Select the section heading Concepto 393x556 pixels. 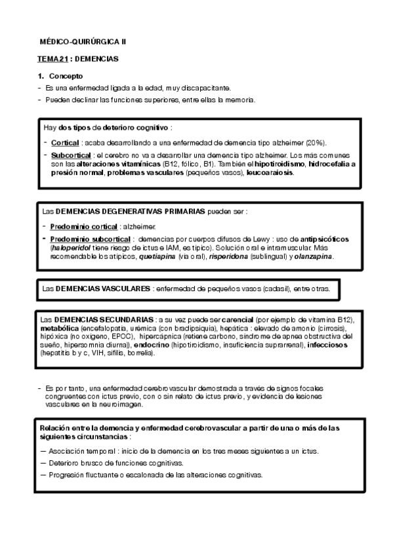(66, 76)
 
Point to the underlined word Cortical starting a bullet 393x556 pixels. (65, 142)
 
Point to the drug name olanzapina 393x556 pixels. (314, 257)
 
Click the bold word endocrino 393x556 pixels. (155, 344)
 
